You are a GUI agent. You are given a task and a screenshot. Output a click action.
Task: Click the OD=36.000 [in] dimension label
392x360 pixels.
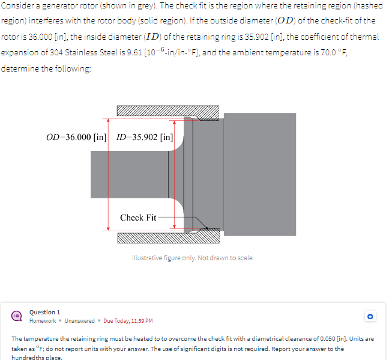(x=76, y=137)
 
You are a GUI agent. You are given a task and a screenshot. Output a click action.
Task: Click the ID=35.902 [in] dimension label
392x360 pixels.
(x=145, y=137)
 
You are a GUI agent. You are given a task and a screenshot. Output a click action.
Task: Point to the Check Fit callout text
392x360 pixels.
(x=138, y=218)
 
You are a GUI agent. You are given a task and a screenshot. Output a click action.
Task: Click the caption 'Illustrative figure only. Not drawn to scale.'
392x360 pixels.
(x=193, y=258)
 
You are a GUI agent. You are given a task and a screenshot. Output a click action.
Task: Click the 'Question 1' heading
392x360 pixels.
(x=45, y=312)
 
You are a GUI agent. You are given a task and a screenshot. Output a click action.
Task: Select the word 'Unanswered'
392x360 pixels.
(x=80, y=321)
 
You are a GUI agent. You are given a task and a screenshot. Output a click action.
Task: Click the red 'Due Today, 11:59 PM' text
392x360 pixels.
(x=128, y=321)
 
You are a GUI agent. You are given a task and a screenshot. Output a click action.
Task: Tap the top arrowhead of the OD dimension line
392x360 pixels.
(x=108, y=121)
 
